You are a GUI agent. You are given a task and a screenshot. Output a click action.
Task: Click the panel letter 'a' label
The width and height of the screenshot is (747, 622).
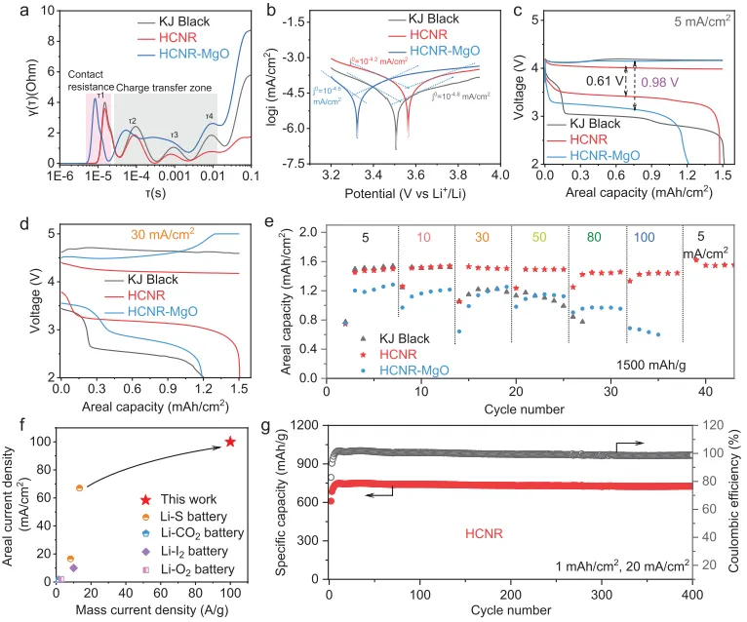[12, 12]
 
